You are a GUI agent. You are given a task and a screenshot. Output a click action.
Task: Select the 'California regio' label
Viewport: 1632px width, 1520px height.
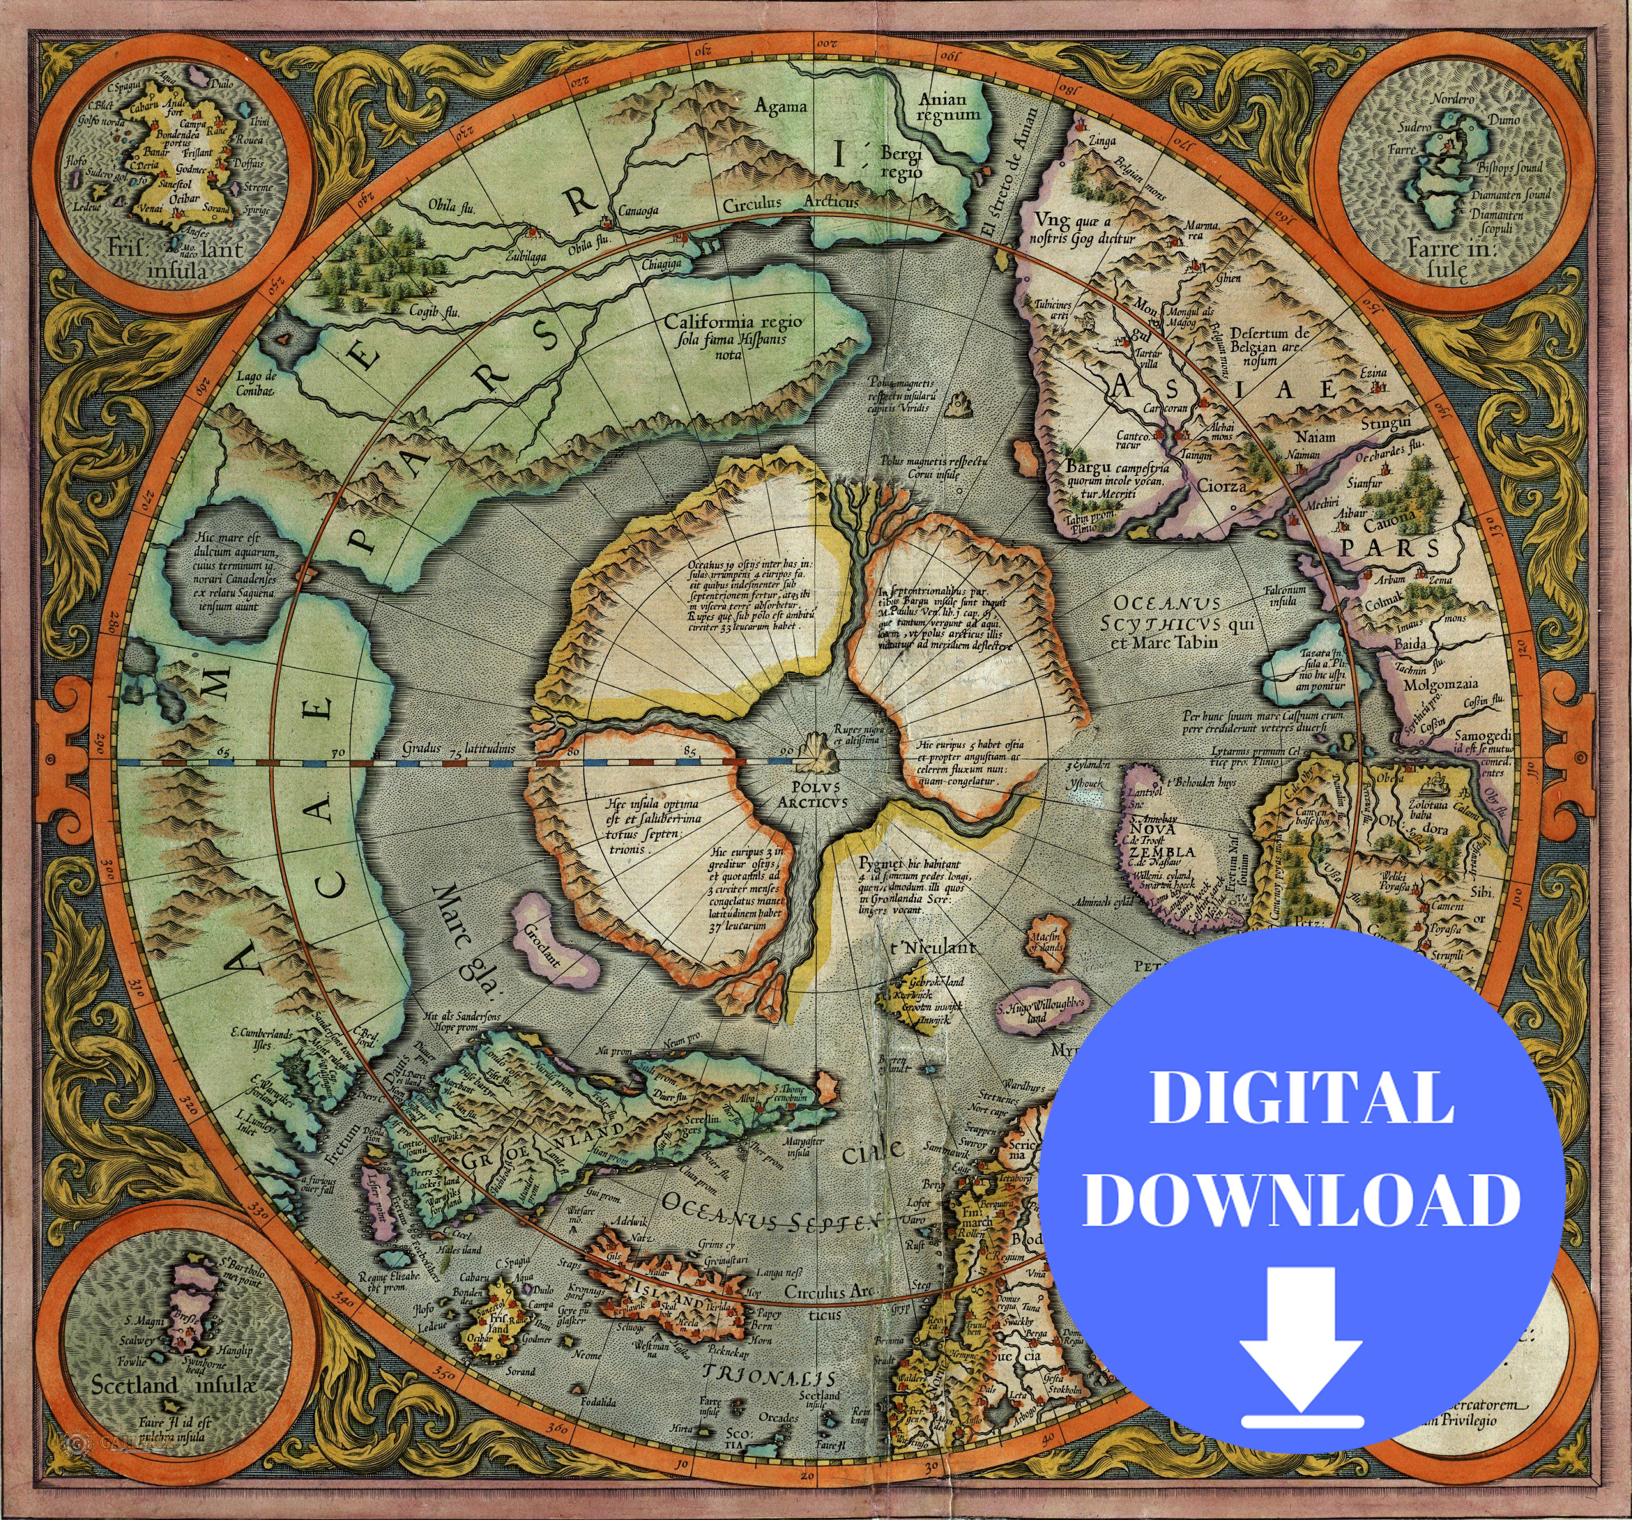click(734, 322)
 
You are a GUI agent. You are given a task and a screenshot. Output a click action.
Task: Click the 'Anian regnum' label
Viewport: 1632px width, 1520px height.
click(948, 107)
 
